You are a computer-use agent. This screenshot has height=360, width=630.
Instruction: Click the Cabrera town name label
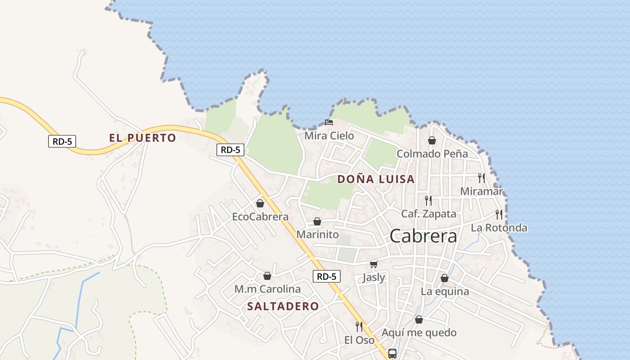click(423, 236)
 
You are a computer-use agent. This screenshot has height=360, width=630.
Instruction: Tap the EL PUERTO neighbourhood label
click(142, 138)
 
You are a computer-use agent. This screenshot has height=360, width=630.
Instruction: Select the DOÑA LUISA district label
click(376, 179)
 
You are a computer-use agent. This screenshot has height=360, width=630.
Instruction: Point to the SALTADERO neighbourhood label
click(283, 306)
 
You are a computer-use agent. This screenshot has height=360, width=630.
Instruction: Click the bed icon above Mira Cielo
click(329, 122)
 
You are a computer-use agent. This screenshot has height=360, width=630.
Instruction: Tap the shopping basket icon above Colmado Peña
click(432, 140)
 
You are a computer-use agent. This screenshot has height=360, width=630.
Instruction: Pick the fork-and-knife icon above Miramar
click(481, 178)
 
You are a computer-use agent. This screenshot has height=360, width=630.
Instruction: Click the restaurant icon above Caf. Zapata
click(428, 200)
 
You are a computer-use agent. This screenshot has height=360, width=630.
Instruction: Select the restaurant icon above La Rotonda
click(499, 214)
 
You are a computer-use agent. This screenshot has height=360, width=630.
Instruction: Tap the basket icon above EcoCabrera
click(260, 203)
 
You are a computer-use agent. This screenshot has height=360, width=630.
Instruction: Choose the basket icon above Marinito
click(317, 221)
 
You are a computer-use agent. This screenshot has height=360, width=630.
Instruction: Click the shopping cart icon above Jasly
click(373, 264)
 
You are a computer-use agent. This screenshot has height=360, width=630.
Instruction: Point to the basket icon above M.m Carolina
click(267, 275)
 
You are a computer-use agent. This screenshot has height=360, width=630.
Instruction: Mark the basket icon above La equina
click(445, 278)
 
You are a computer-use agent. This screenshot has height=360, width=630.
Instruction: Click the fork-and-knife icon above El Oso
click(359, 326)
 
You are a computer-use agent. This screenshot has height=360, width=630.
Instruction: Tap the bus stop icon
click(392, 353)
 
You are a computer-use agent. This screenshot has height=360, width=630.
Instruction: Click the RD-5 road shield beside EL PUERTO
click(62, 141)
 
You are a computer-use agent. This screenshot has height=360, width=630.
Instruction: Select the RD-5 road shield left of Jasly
click(327, 276)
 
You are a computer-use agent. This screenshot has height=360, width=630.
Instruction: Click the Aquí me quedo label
click(419, 333)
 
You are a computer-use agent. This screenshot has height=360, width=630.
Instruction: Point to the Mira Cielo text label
click(329, 135)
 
